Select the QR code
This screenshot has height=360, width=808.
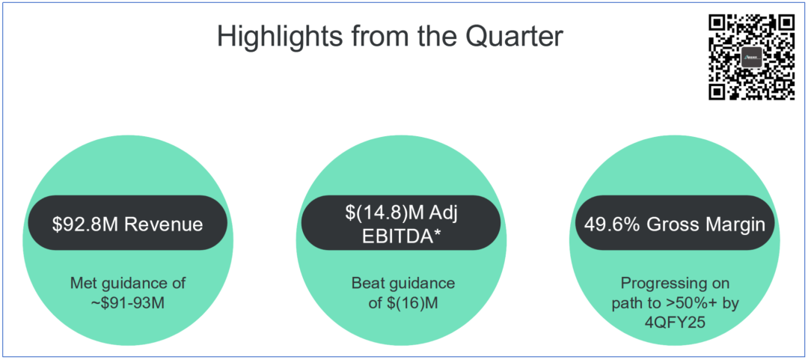tap(753, 57)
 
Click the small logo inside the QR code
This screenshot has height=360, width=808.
tap(752, 57)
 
